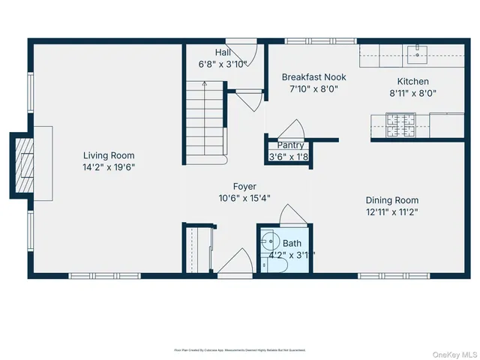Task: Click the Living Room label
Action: [109, 155]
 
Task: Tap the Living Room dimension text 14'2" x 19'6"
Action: [109, 167]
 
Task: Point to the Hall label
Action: [223, 52]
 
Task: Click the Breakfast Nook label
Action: [313, 76]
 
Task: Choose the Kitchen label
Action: [412, 82]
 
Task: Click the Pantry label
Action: [290, 145]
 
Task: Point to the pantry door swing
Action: [295, 128]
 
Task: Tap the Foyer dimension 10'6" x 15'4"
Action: [244, 199]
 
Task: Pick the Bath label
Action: [292, 243]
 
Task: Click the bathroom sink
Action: [268, 242]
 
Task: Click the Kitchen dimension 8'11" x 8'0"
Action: [412, 94]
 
